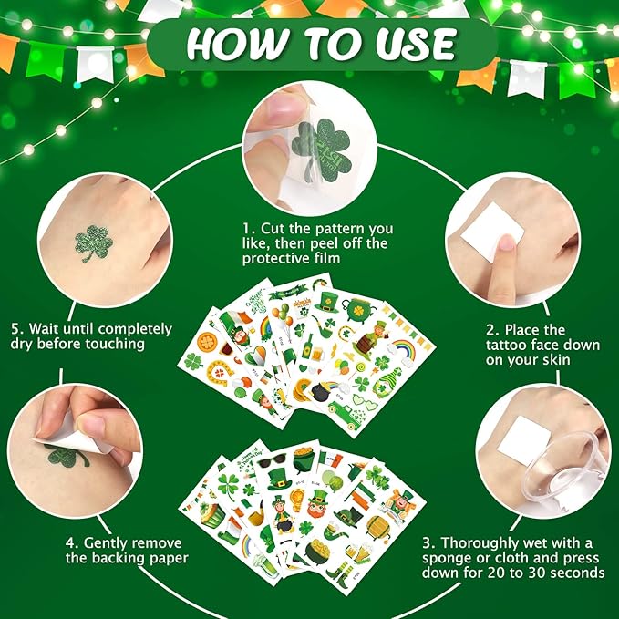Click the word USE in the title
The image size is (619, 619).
(416, 44)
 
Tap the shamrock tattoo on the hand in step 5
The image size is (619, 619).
(94, 242)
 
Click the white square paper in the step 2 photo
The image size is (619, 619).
(492, 232)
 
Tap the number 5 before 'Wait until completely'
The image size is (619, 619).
(15, 329)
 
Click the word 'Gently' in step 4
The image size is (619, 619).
(103, 543)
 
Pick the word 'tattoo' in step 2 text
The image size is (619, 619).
(507, 345)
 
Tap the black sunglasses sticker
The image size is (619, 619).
(273, 459)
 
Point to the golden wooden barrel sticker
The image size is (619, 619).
(377, 526)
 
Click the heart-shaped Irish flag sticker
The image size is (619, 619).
(255, 356)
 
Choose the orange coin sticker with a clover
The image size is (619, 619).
(206, 341)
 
